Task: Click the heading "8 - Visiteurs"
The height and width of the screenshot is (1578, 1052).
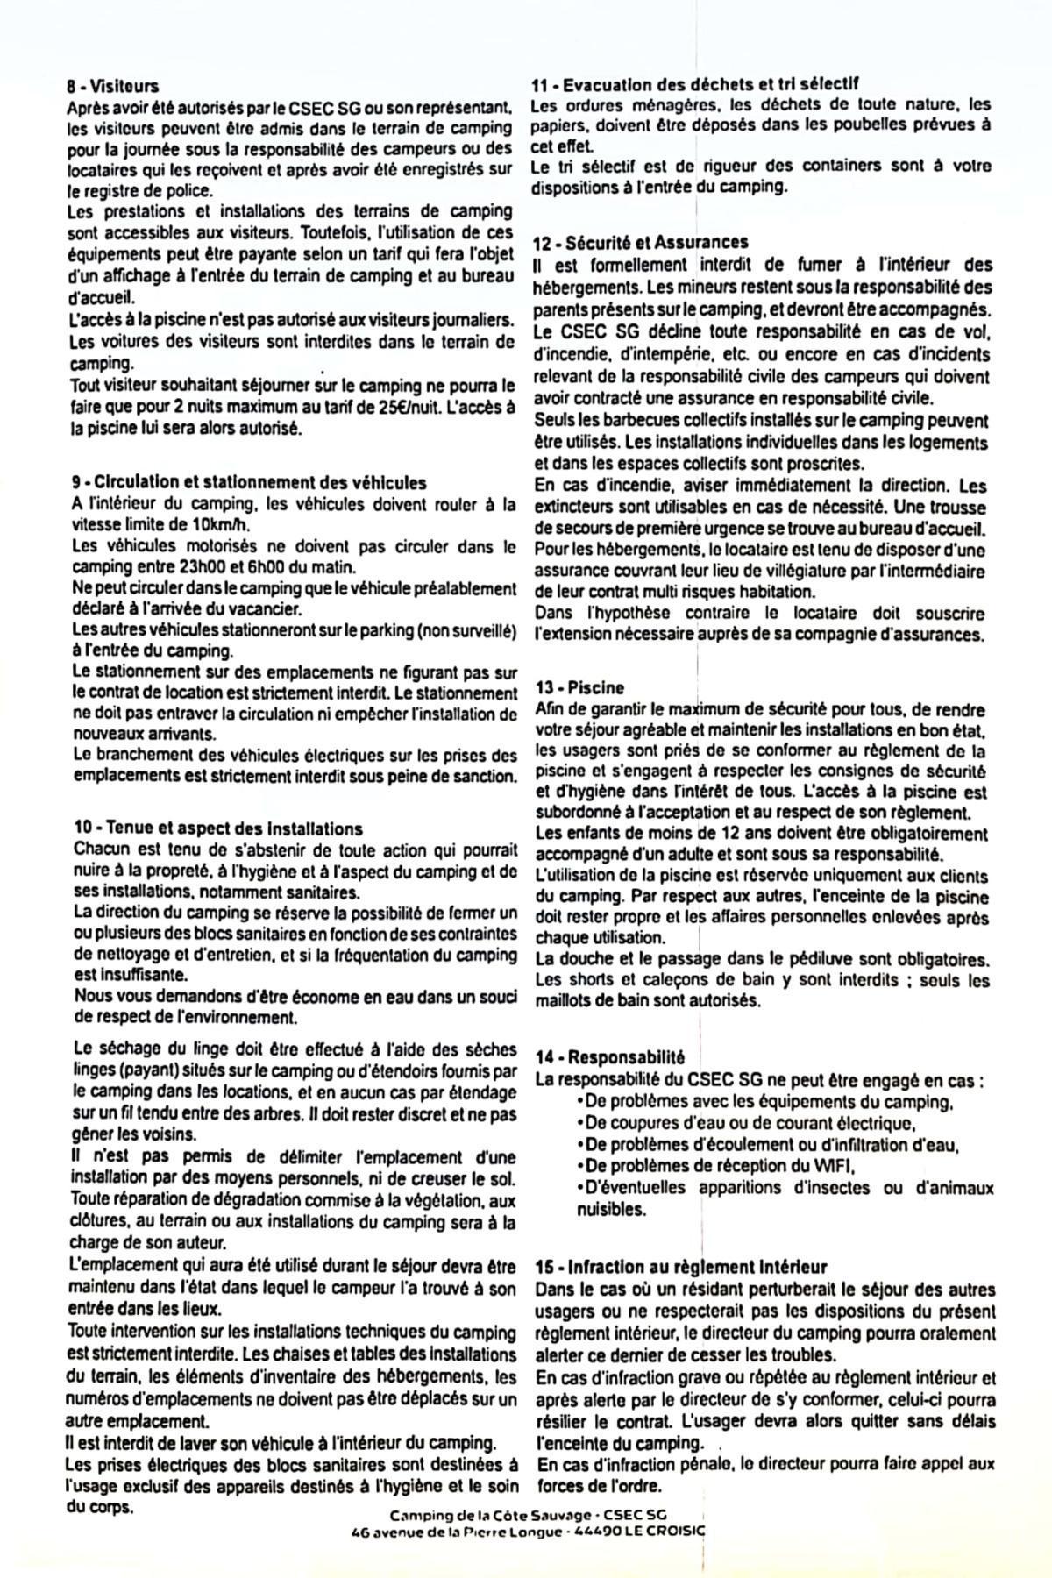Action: point(112,86)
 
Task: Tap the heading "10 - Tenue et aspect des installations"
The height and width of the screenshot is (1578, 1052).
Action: point(218,828)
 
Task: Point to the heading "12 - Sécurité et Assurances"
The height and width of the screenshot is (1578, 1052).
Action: point(640,242)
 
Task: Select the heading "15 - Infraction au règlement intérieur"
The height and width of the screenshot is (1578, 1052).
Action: point(681,1268)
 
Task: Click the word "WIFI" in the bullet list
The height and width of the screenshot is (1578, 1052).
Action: point(832,1166)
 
